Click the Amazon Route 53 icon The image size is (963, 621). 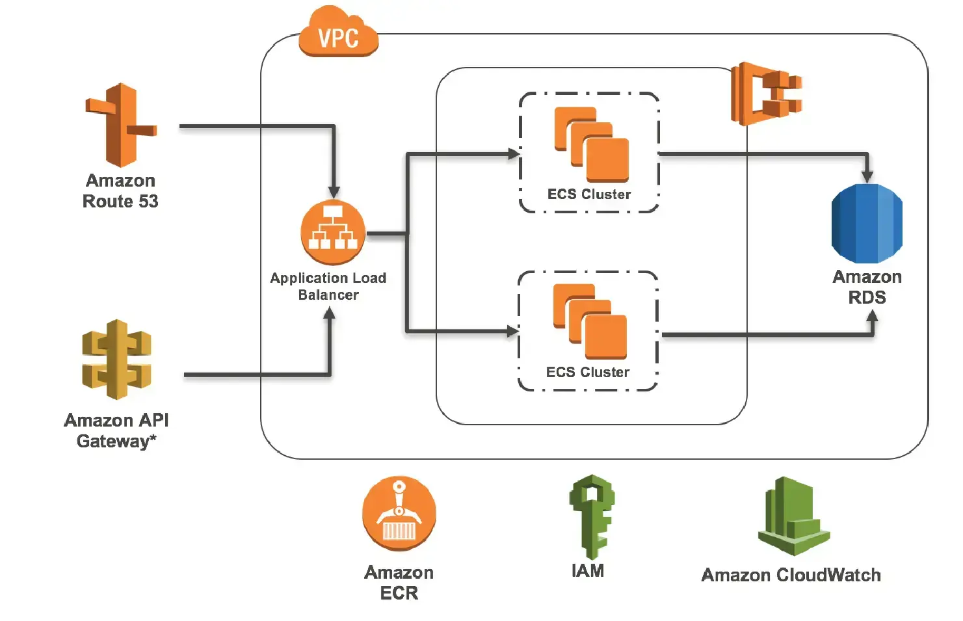tap(121, 125)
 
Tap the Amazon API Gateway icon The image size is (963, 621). tap(117, 360)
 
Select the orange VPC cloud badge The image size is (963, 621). tap(338, 34)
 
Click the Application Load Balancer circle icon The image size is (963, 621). tap(333, 233)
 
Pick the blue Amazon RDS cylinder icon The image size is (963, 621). tap(867, 223)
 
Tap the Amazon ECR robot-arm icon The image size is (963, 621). tap(399, 514)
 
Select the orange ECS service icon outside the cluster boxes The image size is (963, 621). tap(766, 94)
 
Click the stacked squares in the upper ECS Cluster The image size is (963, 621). tap(591, 144)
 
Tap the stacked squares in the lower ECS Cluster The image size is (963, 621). tap(590, 321)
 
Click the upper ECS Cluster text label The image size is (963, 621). tap(589, 194)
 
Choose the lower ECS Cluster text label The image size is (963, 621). tap(588, 373)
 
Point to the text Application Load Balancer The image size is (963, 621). tap(328, 286)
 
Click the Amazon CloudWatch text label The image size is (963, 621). tap(791, 575)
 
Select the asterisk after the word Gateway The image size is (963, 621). tap(153, 438)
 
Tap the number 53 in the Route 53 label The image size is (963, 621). tap(148, 202)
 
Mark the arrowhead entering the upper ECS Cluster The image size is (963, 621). tap(514, 154)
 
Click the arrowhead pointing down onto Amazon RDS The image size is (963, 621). tap(867, 176)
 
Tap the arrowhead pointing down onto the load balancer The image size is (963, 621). tap(334, 192)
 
